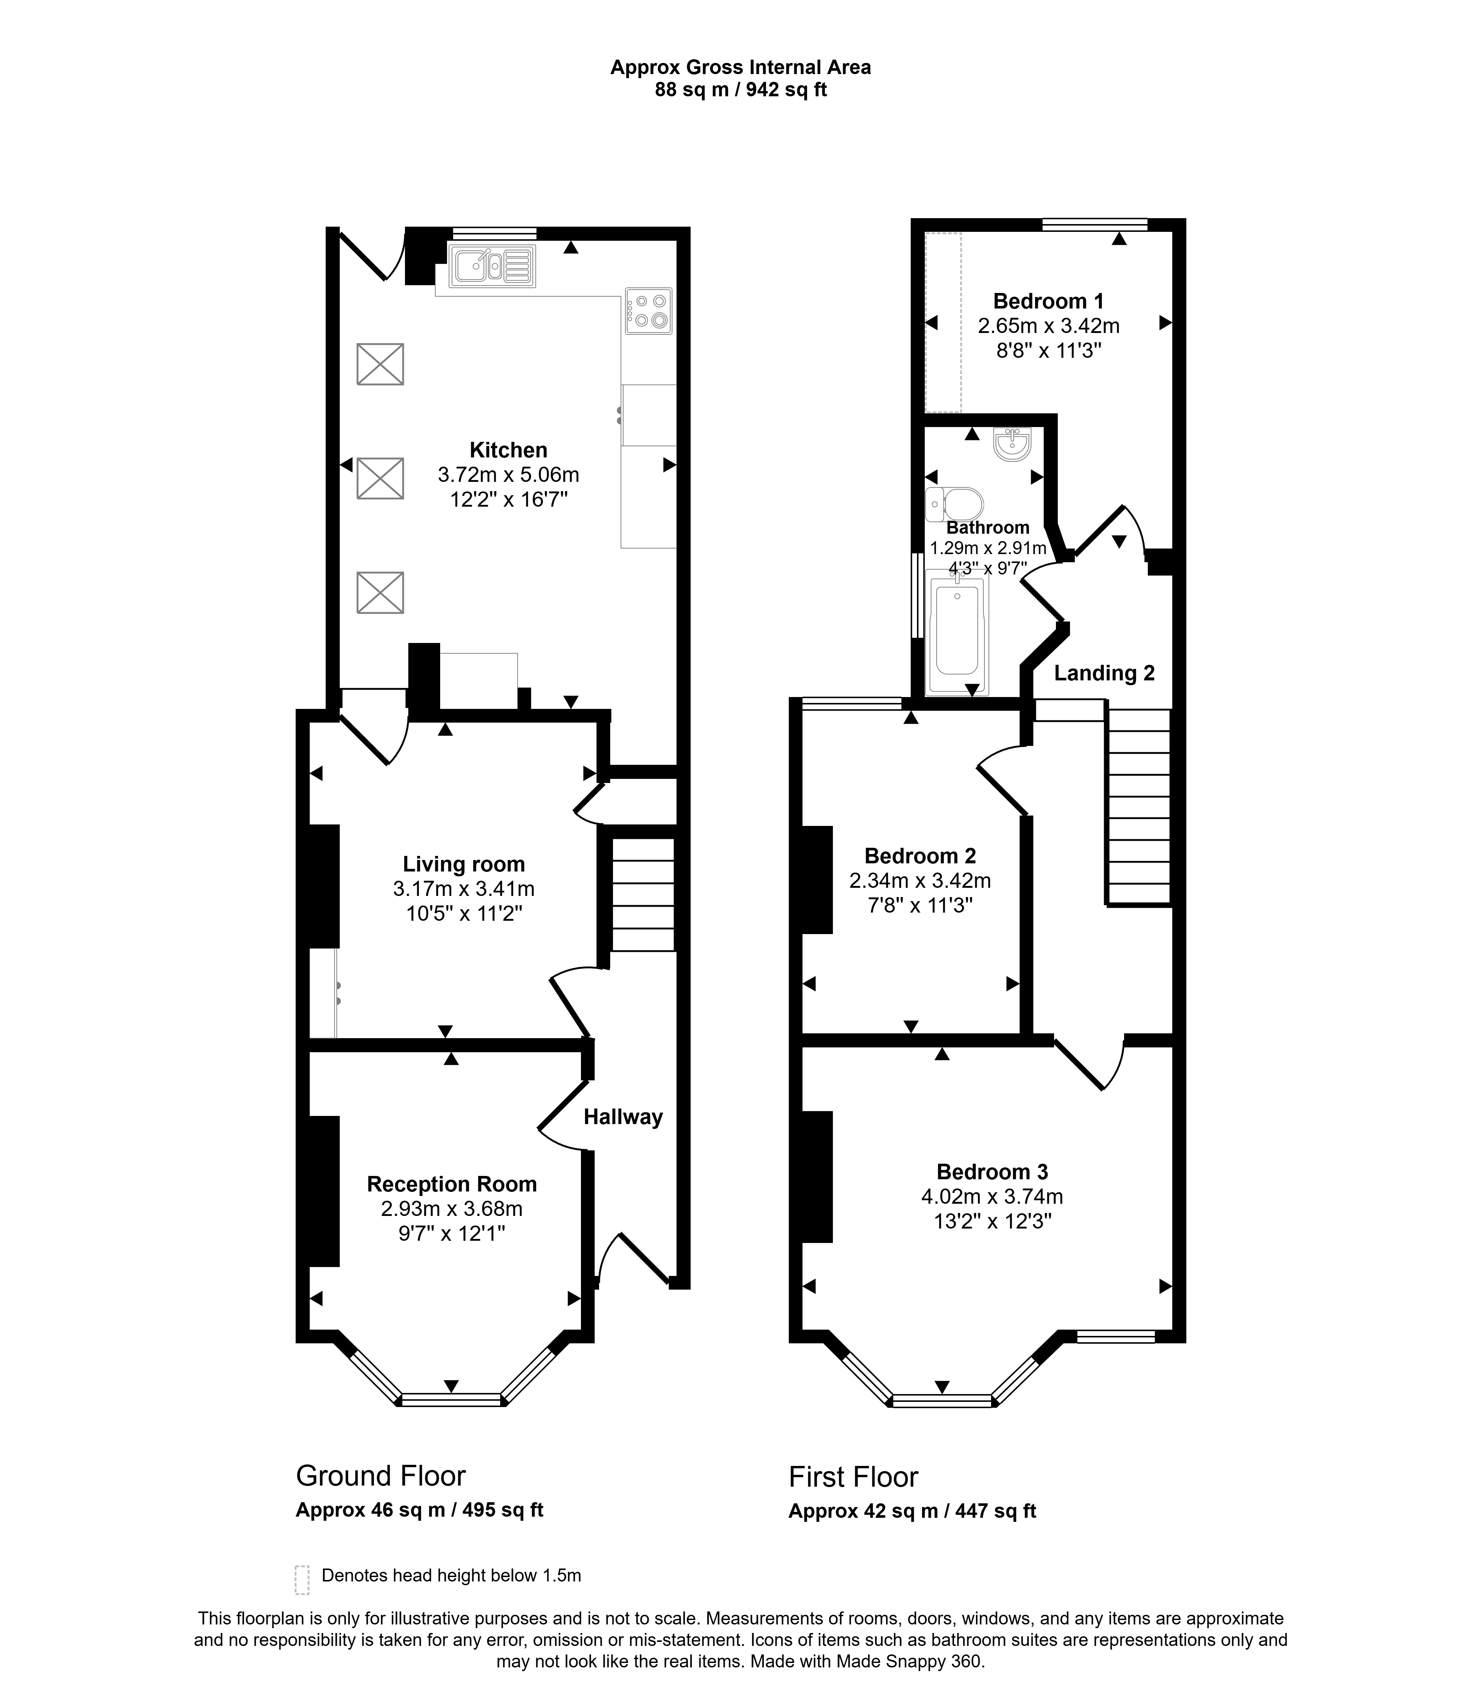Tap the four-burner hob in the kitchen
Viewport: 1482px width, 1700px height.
(x=648, y=311)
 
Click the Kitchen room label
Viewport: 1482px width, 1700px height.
(x=509, y=450)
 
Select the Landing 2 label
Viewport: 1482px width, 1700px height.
(x=1104, y=673)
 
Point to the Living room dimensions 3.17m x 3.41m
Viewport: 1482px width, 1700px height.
(x=464, y=889)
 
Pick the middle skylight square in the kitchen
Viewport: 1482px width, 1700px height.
(x=381, y=478)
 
